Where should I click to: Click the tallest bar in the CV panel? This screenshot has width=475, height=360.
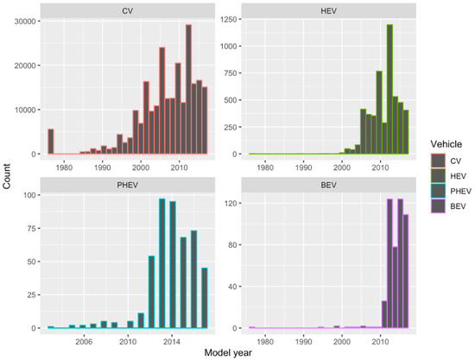click(x=188, y=90)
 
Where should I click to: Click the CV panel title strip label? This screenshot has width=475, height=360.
click(x=129, y=9)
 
